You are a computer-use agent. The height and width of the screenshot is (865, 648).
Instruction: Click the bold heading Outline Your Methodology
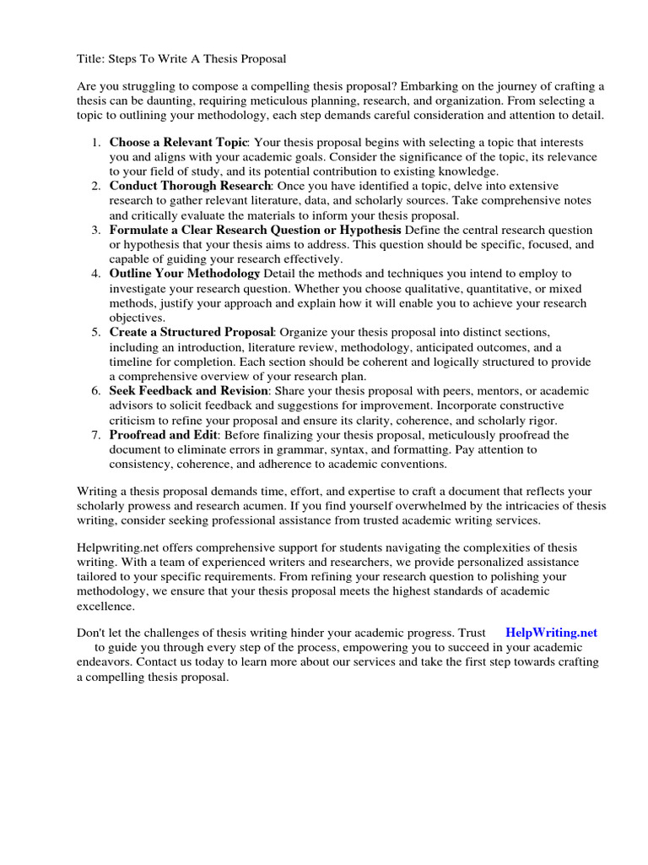[x=185, y=274]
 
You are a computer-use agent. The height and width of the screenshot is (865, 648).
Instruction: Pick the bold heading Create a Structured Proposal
[x=192, y=333]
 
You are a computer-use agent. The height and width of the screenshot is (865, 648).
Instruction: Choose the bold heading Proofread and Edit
[x=164, y=435]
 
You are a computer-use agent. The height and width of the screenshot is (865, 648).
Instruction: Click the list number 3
[x=97, y=230]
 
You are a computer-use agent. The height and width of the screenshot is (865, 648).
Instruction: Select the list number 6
[x=97, y=391]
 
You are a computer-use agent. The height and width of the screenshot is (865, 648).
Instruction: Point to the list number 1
[x=97, y=143]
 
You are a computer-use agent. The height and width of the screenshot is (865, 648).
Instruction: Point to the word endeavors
[x=105, y=662]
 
